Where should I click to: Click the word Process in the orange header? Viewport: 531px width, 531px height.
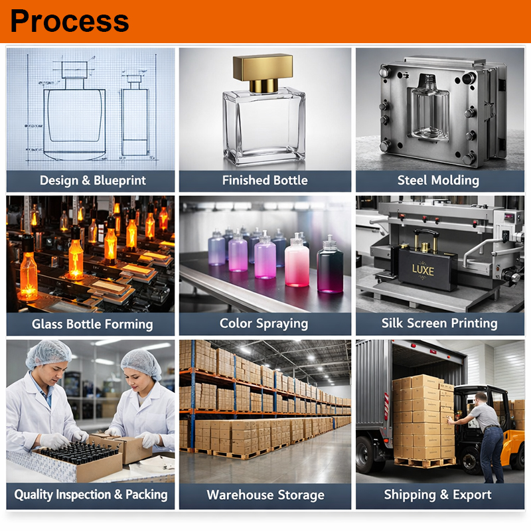(70, 21)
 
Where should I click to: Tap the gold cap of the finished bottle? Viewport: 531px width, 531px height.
(263, 72)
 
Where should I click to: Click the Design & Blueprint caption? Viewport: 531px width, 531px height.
(93, 181)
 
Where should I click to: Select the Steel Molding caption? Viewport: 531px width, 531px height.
(438, 180)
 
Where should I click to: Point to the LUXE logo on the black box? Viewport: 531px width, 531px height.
(423, 270)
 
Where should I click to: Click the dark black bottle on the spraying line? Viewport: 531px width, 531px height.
(330, 264)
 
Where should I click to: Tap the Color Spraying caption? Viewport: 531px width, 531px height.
(264, 324)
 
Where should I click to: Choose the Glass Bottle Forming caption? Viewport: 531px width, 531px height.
(92, 324)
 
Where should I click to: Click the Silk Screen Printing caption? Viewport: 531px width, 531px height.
(439, 323)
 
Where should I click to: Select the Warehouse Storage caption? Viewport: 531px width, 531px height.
(265, 495)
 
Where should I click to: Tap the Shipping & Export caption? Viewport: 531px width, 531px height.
(437, 494)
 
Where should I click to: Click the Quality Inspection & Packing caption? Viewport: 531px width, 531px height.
(91, 494)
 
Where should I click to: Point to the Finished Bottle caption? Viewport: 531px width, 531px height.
(265, 180)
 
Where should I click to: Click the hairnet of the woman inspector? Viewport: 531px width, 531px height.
(141, 364)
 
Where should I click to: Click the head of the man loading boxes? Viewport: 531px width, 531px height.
(481, 400)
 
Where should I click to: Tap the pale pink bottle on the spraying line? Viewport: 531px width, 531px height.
(297, 260)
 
